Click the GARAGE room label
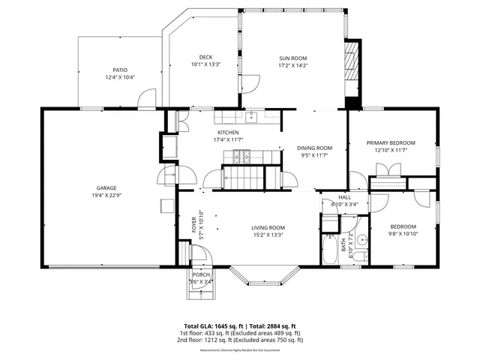point(106,188)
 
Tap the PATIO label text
point(120,68)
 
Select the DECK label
point(205,58)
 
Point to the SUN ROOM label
point(292,58)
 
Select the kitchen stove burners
point(241,157)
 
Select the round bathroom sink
point(361,241)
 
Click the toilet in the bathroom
point(361,257)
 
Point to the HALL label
point(344,196)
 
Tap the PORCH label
point(201,274)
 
